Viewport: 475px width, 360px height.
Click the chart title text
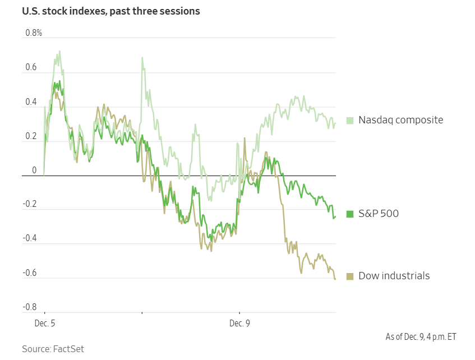[x=110, y=11]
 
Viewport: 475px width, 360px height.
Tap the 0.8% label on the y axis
[x=34, y=33]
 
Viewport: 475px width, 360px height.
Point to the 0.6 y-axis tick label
[x=31, y=68]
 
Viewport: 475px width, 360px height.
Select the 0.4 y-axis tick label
[x=31, y=103]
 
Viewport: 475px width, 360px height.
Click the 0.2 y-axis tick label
[x=31, y=137]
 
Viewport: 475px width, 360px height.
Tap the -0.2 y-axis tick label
[x=30, y=205]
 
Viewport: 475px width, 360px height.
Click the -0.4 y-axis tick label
[x=30, y=239]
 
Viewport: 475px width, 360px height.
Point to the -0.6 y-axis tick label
[x=30, y=273]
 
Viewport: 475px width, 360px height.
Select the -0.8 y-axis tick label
[x=30, y=307]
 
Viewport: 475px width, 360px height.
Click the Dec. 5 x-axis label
[x=45, y=324]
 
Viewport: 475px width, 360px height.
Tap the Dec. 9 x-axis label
[x=239, y=324]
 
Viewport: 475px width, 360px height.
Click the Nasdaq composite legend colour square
[x=350, y=120]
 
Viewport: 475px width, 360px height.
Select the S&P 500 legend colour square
[x=350, y=214]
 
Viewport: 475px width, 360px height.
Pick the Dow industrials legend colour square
[x=350, y=276]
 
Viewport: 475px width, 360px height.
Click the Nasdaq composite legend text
[x=400, y=120]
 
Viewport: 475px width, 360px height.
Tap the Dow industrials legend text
[x=394, y=276]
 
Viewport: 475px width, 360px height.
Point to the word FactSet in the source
[x=68, y=349]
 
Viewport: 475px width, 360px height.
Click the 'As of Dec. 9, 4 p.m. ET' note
[x=421, y=337]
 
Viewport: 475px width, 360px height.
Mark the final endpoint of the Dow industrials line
[x=335, y=279]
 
